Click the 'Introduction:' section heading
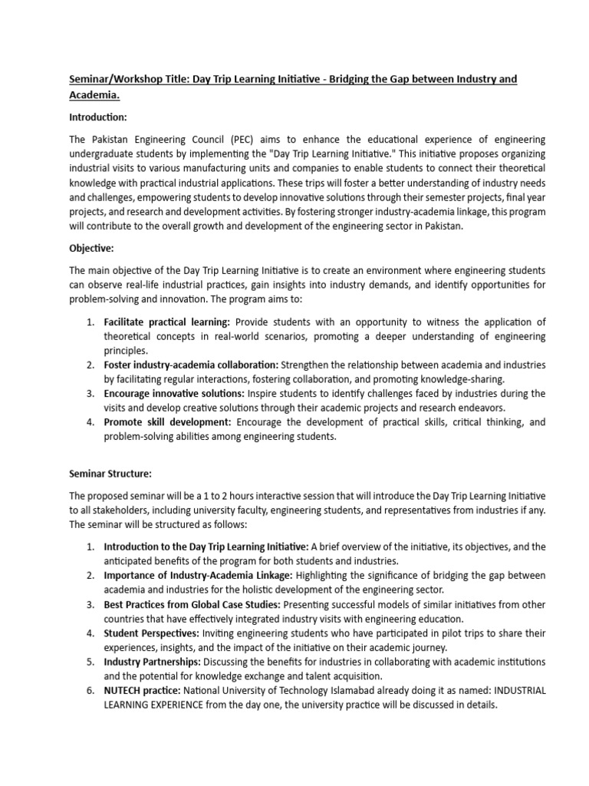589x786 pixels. (97, 117)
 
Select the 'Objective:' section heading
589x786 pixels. (92, 250)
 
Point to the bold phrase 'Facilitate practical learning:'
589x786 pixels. (166, 322)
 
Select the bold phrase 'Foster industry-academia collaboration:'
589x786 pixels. (192, 365)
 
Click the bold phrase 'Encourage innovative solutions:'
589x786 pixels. (174, 394)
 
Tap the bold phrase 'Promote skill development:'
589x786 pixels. (167, 422)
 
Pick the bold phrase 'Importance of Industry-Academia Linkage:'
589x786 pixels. (197, 576)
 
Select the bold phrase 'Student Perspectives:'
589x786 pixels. (151, 633)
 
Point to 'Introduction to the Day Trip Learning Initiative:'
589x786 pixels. (206, 547)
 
